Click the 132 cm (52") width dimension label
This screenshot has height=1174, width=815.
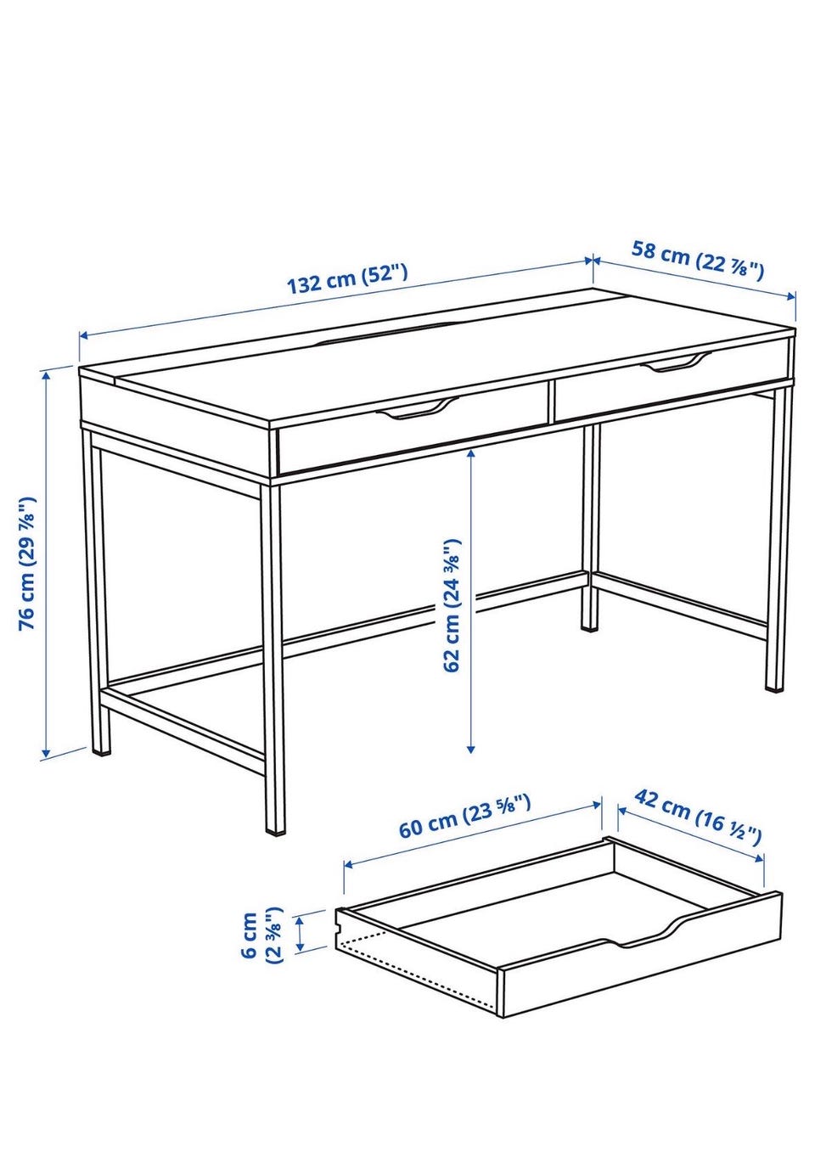[x=347, y=278]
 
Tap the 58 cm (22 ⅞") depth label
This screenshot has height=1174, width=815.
[x=697, y=260]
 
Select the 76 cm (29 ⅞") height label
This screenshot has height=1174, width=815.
[x=28, y=564]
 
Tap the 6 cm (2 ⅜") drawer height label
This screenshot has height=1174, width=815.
[x=261, y=935]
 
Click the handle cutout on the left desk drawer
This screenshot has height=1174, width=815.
[x=417, y=408]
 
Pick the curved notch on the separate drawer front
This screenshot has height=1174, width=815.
[x=645, y=936]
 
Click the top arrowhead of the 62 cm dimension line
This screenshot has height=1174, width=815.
[x=471, y=453]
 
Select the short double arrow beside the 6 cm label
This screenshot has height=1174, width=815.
[x=301, y=934]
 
